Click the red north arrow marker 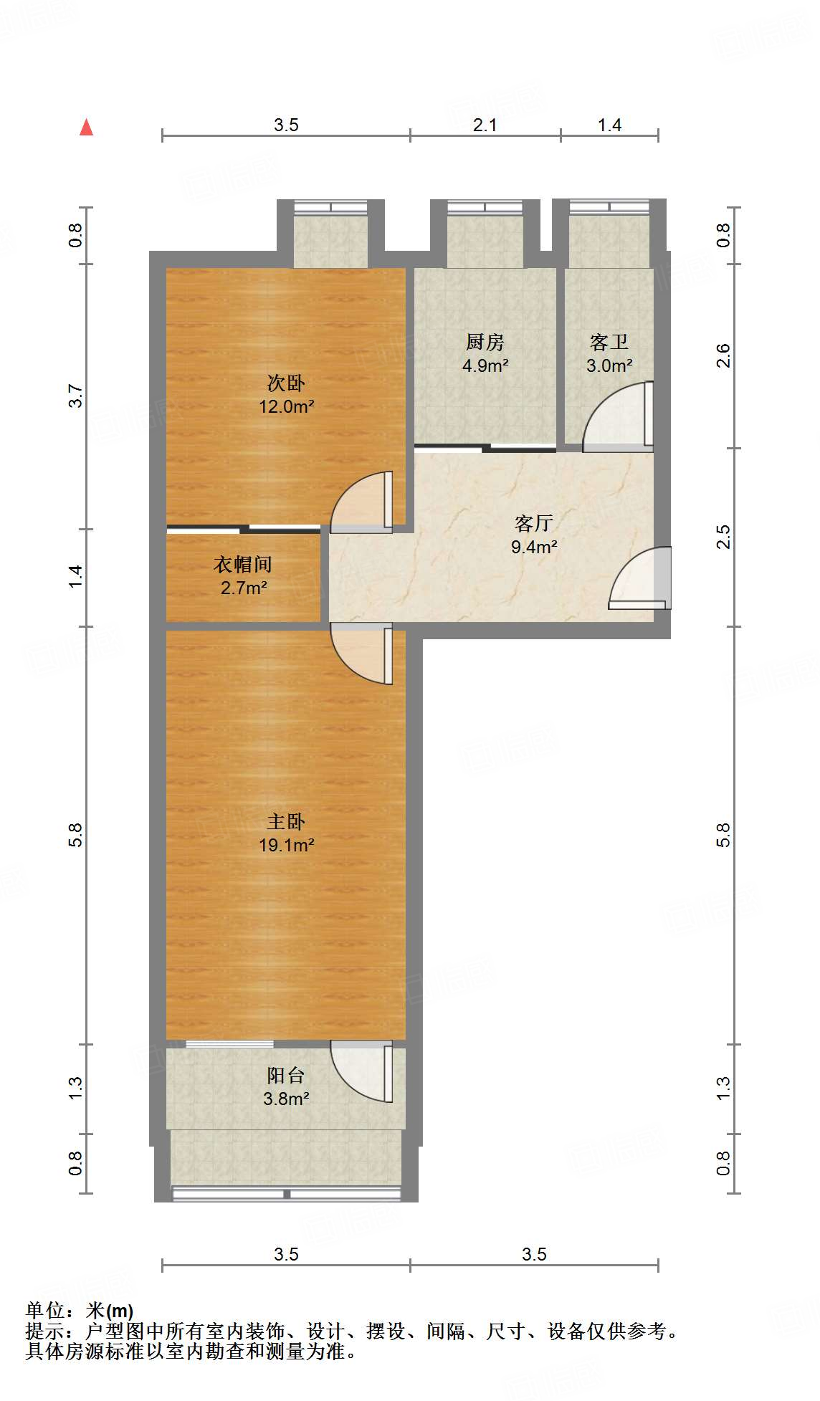[x=87, y=128]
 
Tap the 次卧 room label [x=286, y=383]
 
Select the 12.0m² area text [x=287, y=407]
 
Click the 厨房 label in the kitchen [x=485, y=342]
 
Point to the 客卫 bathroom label [x=609, y=342]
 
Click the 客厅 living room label [x=533, y=523]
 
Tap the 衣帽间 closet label [x=243, y=565]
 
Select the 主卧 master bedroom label [x=286, y=821]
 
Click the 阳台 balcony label [x=286, y=1075]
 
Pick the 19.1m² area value [x=286, y=845]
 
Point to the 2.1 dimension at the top [x=485, y=125]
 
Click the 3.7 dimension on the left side [x=75, y=396]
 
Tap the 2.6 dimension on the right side [x=723, y=355]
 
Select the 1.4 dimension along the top [x=609, y=125]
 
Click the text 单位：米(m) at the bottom [x=80, y=1311]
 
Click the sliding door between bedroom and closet [x=244, y=529]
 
